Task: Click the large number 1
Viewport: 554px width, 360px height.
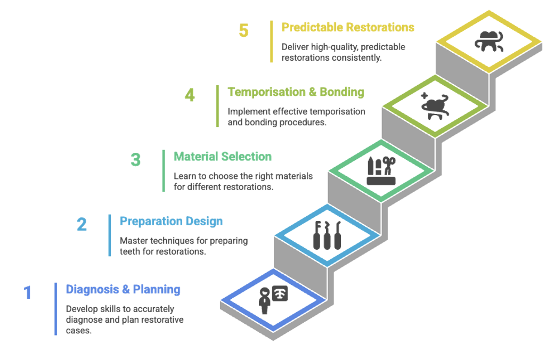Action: (28, 293)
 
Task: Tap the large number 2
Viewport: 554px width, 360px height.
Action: (82, 224)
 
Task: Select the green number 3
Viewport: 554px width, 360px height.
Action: (136, 160)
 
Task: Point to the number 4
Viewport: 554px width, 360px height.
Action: (190, 95)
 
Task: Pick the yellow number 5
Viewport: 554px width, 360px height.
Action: (243, 30)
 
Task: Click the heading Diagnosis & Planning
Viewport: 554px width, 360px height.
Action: (123, 290)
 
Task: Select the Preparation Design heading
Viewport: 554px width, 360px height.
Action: (171, 221)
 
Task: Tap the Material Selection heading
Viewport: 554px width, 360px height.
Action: (223, 157)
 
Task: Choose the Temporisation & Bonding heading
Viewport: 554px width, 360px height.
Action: (296, 92)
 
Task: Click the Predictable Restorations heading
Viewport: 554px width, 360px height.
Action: (348, 27)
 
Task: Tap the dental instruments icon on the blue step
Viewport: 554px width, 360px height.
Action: (327, 235)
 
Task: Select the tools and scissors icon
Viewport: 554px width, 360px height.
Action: (381, 170)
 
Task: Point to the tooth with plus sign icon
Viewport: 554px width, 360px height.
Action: (435, 105)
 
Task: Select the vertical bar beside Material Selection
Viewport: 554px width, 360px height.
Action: (164, 170)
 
